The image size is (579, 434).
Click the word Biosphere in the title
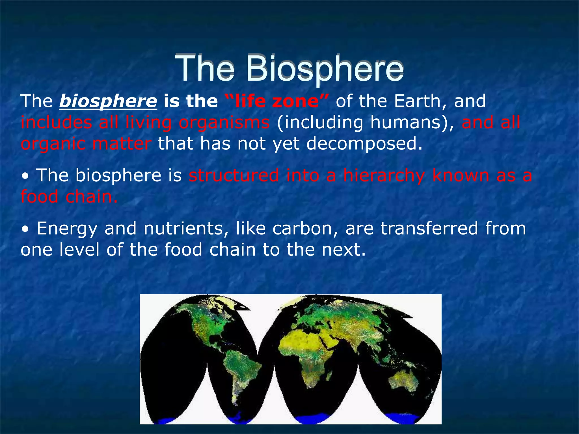coord(325,69)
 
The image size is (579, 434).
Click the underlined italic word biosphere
coord(108,101)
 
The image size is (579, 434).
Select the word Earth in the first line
coord(418,101)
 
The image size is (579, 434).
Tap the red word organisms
coord(224,123)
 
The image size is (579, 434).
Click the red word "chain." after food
coord(91,197)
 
